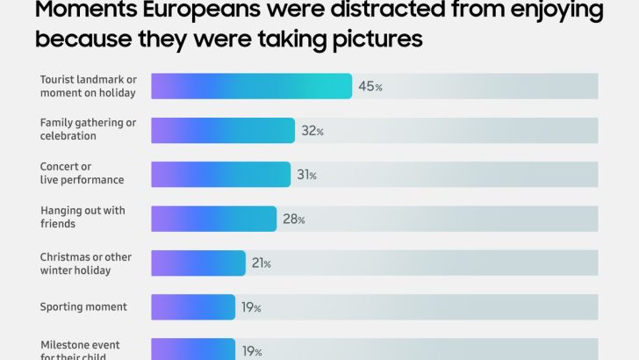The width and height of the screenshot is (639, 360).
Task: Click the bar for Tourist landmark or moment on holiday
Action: (x=252, y=86)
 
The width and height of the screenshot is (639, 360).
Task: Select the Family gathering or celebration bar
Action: (x=223, y=130)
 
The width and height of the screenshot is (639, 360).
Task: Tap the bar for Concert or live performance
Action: (x=220, y=174)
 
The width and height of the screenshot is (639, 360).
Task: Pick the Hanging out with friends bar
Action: (x=213, y=218)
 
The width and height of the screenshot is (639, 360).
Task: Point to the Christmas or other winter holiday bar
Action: (x=198, y=263)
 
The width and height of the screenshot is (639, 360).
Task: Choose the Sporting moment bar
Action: (x=193, y=306)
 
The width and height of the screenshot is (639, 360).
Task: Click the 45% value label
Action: (x=370, y=86)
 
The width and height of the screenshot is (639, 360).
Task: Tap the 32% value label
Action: (x=312, y=131)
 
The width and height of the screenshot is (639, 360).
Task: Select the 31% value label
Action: (x=306, y=175)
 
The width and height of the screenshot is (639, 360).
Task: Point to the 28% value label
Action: (x=293, y=219)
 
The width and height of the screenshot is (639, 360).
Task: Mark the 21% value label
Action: (x=262, y=263)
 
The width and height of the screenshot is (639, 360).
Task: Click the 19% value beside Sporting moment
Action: (x=251, y=307)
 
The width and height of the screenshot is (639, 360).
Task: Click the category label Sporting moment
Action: (x=83, y=306)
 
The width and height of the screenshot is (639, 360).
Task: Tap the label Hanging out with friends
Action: (x=83, y=217)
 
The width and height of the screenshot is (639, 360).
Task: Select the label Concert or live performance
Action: (x=82, y=173)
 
